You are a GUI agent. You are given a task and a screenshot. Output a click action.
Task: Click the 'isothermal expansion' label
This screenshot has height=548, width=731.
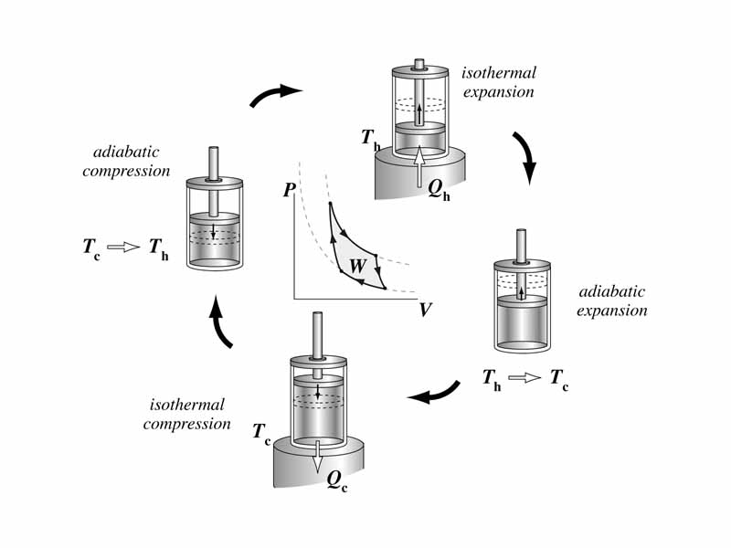tap(499, 82)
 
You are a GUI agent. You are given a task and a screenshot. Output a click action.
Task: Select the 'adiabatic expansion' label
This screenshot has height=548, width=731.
tap(612, 301)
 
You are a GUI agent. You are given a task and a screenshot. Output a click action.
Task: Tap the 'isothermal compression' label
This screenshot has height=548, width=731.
tap(185, 414)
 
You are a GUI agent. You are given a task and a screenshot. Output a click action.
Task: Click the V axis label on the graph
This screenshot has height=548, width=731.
tap(425, 310)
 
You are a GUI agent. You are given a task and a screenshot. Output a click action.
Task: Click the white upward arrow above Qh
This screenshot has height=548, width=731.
tap(419, 166)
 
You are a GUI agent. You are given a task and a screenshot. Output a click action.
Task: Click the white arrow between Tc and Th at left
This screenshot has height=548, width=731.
tap(122, 247)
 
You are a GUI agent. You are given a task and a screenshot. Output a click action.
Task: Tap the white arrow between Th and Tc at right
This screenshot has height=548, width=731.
tap(524, 377)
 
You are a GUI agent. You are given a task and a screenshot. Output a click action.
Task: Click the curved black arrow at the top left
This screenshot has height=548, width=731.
tap(276, 93)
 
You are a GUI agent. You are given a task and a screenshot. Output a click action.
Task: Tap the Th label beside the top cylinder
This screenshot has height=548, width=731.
tap(370, 140)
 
